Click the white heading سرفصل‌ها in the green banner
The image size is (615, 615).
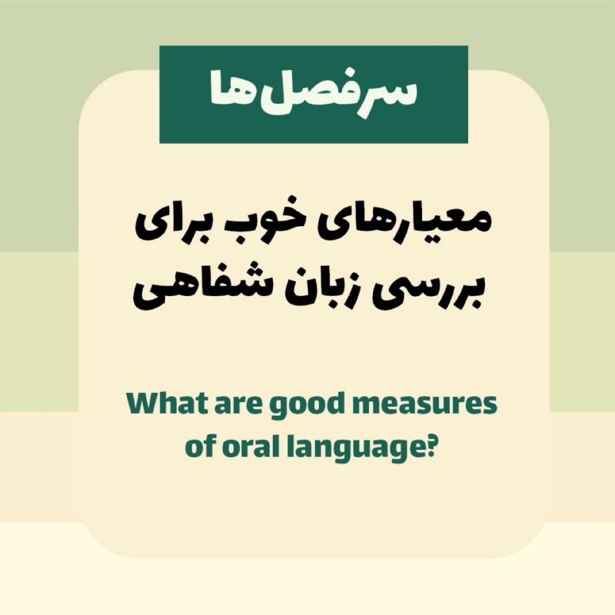pos(314,93)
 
